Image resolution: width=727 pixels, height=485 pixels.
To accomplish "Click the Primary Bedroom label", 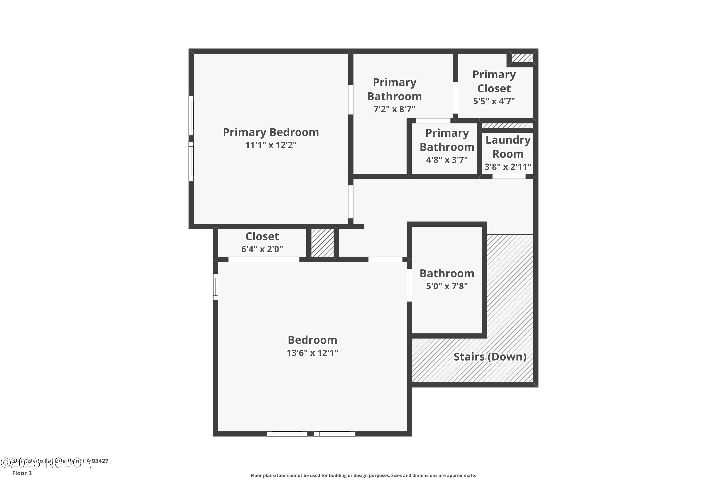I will point(270,132).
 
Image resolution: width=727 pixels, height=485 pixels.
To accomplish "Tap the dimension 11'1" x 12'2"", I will point(270,145).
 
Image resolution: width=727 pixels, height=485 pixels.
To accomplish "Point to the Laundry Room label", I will point(508,147).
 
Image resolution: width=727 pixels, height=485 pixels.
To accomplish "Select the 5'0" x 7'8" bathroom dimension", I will point(447,286).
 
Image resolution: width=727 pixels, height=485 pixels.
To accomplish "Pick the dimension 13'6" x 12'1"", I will point(312,353).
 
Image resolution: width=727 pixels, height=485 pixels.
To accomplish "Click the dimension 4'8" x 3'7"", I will point(447,160).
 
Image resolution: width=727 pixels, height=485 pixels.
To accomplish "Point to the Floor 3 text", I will point(22,473).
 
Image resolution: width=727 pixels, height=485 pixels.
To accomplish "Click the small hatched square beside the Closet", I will point(322,242).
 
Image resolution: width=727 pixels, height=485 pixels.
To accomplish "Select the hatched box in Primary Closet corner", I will point(522,58).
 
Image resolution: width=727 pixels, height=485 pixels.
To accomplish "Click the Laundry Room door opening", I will point(508,176).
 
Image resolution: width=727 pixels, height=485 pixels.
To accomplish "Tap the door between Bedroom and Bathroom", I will point(409,285).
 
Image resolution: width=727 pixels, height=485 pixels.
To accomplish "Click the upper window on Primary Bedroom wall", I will point(191,115).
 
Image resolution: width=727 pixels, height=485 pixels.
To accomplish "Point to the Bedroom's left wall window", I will point(216,287).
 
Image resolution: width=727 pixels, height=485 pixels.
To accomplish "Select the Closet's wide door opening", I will point(264,259).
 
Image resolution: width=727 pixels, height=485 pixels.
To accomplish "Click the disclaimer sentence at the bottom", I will point(363,475).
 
